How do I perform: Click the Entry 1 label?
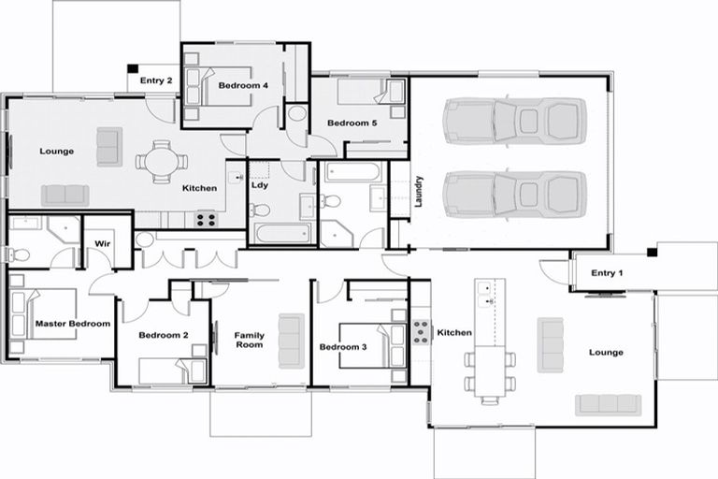(607, 273)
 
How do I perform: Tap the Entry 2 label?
(156, 80)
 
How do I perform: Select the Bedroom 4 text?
(243, 85)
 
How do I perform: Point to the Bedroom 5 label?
(352, 123)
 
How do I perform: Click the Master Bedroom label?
(73, 324)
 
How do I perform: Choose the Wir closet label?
(103, 243)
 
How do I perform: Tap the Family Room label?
(249, 341)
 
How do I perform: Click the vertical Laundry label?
(419, 192)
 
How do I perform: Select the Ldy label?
(260, 185)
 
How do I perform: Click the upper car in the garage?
(515, 122)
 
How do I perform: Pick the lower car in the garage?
(515, 195)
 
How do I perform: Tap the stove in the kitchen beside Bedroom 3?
(421, 332)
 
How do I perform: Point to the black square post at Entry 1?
(652, 252)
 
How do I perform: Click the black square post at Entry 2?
(133, 68)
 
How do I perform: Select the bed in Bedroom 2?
(173, 370)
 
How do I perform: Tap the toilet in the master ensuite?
(20, 254)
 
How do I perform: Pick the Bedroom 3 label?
(343, 347)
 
